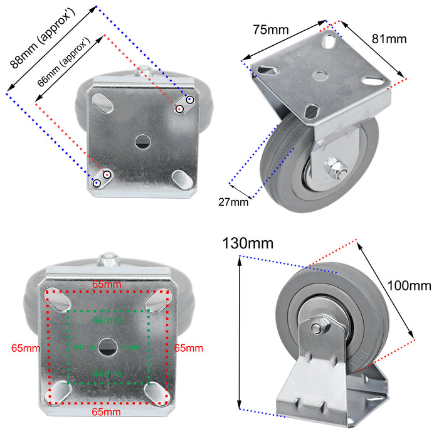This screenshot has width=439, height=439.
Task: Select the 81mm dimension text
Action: (x=389, y=39)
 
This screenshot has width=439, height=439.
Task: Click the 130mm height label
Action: (x=248, y=243)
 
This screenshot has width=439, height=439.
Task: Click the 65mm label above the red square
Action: (x=107, y=284)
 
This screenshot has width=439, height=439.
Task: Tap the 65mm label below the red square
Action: (x=107, y=412)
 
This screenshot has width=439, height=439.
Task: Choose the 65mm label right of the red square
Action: (x=189, y=347)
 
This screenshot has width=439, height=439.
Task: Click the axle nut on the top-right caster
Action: (x=333, y=168)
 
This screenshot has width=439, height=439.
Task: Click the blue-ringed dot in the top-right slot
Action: (x=189, y=100)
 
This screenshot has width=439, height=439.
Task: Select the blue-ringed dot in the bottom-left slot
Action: (x=97, y=183)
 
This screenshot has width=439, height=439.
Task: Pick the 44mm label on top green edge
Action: (x=107, y=320)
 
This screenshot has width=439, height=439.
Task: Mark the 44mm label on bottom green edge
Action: (x=107, y=374)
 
